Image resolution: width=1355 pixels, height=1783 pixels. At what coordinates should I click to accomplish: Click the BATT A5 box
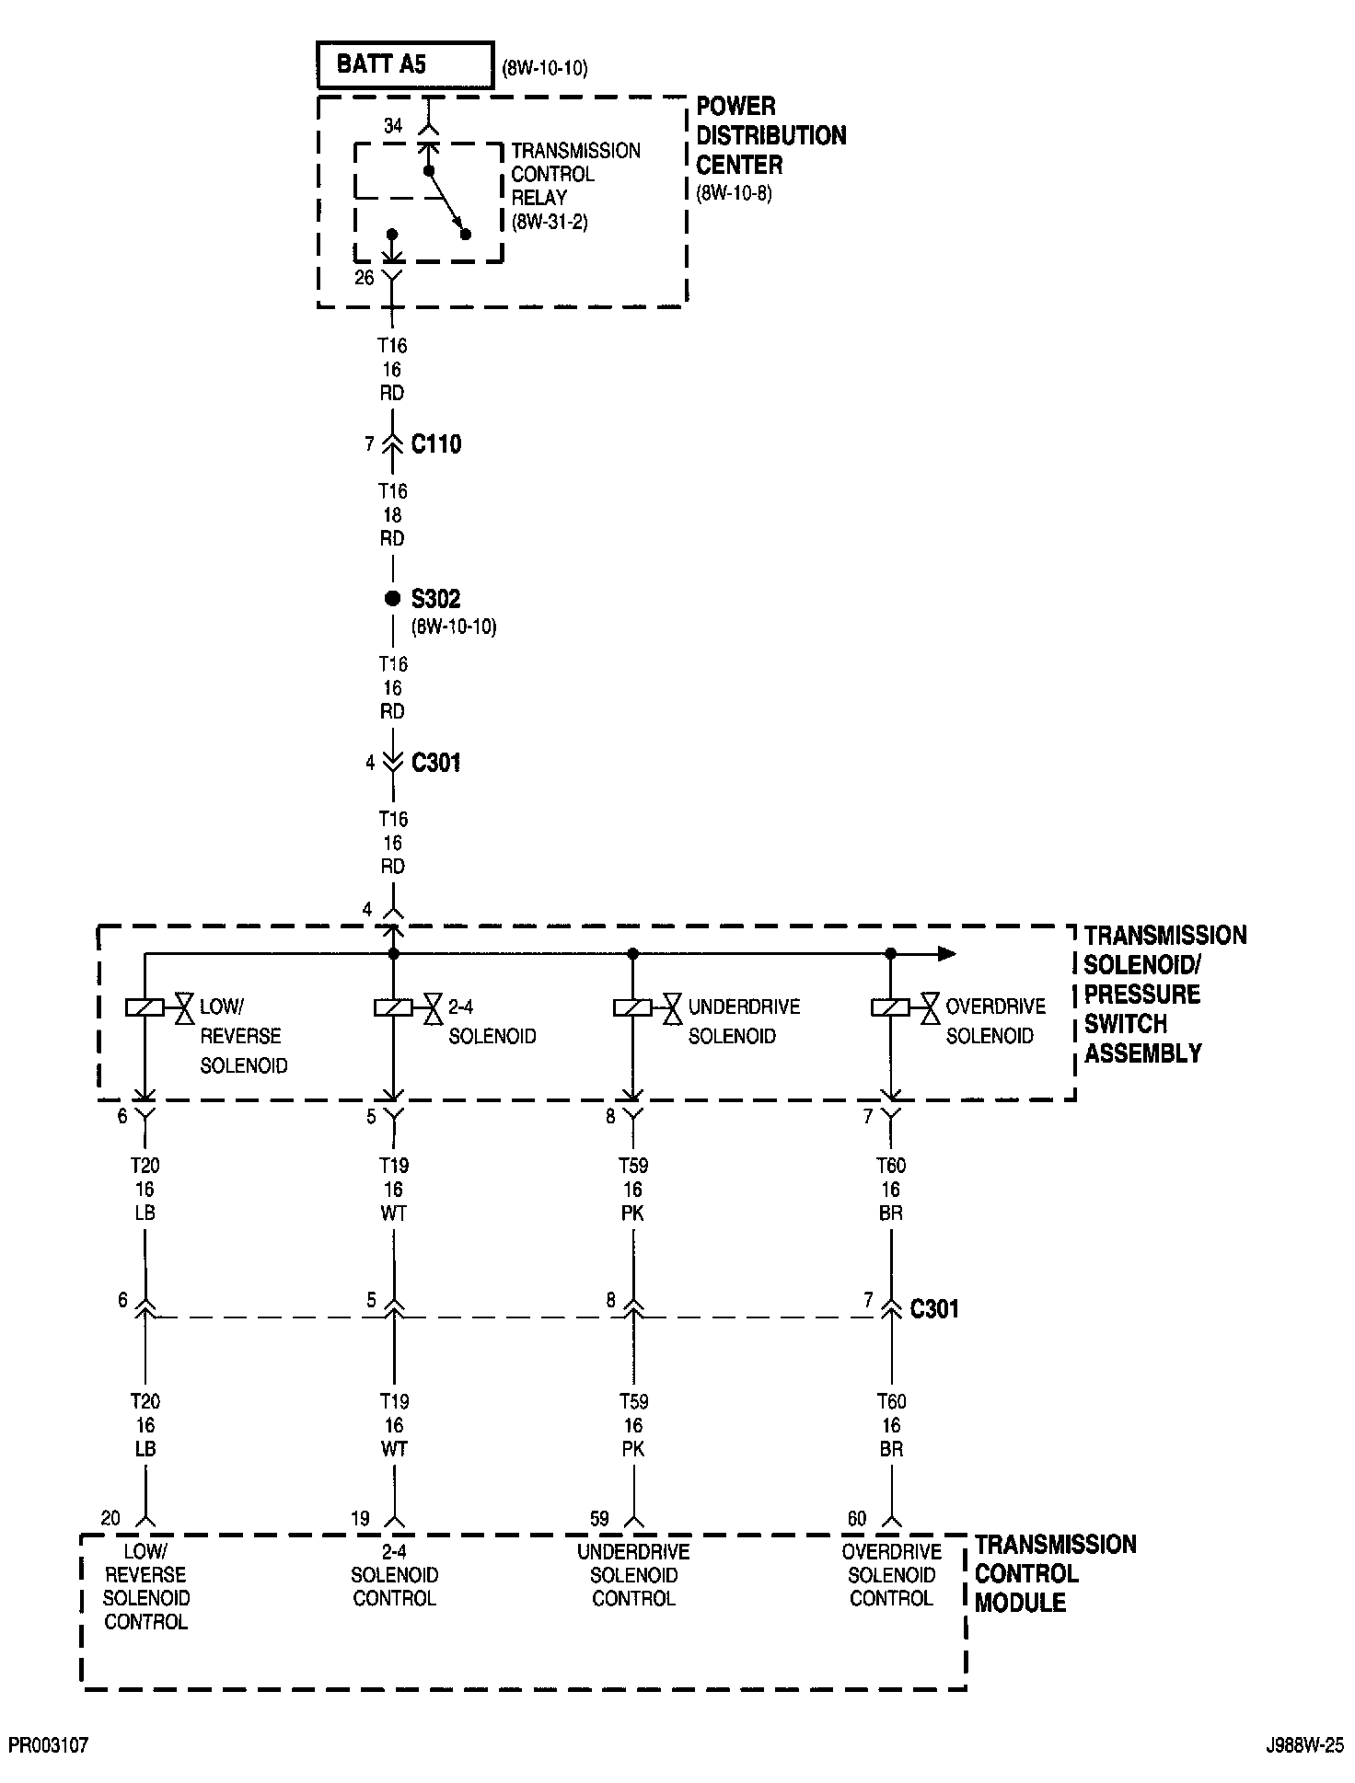coord(404,64)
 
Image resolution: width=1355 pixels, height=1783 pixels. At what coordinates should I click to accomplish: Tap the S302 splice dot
coord(392,599)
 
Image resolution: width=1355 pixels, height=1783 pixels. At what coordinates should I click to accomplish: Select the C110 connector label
coord(436,444)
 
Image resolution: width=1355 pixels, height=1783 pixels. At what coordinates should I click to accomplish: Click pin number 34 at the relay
coord(393,126)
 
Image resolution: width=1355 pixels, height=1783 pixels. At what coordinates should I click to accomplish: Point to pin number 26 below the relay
coord(365,277)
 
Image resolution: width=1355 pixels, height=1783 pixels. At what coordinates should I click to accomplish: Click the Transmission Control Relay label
coord(575,174)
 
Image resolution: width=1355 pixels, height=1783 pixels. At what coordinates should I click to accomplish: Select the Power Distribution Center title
coord(770,135)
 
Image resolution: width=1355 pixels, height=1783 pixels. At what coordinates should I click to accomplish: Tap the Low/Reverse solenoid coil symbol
coord(145,1007)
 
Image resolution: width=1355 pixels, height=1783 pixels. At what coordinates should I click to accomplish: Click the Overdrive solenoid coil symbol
coord(890,1007)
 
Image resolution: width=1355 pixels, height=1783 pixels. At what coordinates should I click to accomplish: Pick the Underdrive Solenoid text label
coord(744,1021)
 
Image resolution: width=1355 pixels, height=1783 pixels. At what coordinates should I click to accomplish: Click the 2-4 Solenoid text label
coord(492,1021)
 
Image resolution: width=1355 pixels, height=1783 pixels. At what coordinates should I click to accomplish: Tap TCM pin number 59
coord(599,1519)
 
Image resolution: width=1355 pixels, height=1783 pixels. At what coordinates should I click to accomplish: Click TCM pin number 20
coord(110,1519)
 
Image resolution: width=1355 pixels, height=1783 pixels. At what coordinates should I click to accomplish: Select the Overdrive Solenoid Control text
coord(891,1575)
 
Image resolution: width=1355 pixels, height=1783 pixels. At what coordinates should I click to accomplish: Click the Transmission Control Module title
coord(1055,1573)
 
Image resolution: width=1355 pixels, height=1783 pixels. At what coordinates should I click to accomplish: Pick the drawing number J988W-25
coord(1303,1745)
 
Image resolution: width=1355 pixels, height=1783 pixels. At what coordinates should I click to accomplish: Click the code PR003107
coord(49,1745)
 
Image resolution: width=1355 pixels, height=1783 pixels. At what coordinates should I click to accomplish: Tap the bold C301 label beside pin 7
coord(934,1308)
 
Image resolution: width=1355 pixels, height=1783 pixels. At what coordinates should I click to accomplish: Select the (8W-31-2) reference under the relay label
coord(550,222)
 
